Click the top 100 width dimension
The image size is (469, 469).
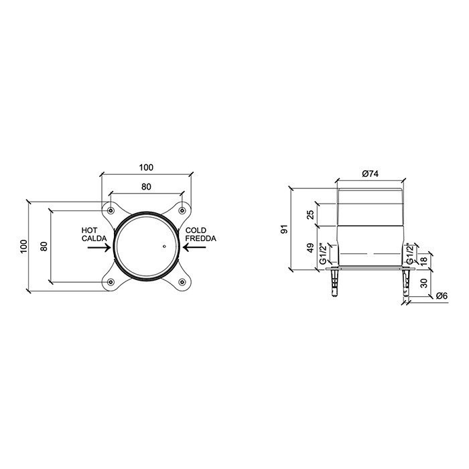pos(147,167)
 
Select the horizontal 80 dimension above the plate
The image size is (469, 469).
pos(146,188)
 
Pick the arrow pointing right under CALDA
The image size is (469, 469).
pos(98,247)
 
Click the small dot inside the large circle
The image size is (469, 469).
pos(161,247)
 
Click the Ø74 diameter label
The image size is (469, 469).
pos(371,174)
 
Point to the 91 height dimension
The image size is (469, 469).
pos(284,229)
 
